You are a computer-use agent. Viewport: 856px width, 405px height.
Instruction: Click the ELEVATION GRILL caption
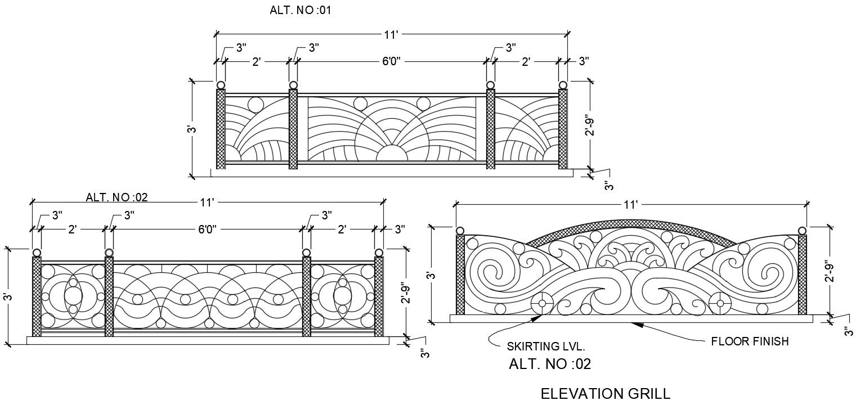click(x=605, y=393)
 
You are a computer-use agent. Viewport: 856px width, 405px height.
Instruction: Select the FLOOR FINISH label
click(x=750, y=341)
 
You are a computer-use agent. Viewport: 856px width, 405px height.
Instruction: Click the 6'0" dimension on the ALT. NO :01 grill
click(x=391, y=61)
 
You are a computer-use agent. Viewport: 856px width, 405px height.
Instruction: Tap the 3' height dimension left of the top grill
click(x=191, y=129)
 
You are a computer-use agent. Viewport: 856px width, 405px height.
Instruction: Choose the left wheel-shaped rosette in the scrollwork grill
click(x=543, y=303)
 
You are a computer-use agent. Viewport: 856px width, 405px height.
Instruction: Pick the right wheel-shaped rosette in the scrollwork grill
click(x=720, y=303)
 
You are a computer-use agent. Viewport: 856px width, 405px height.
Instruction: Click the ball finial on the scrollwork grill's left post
click(x=460, y=231)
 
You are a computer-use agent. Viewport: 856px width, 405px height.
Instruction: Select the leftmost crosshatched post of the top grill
click(x=221, y=129)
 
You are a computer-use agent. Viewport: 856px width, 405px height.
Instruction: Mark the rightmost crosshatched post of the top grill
click(x=563, y=129)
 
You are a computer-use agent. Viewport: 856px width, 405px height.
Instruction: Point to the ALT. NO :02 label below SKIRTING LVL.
click(x=549, y=364)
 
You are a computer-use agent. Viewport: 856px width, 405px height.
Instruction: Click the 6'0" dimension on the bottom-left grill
click(x=207, y=229)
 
